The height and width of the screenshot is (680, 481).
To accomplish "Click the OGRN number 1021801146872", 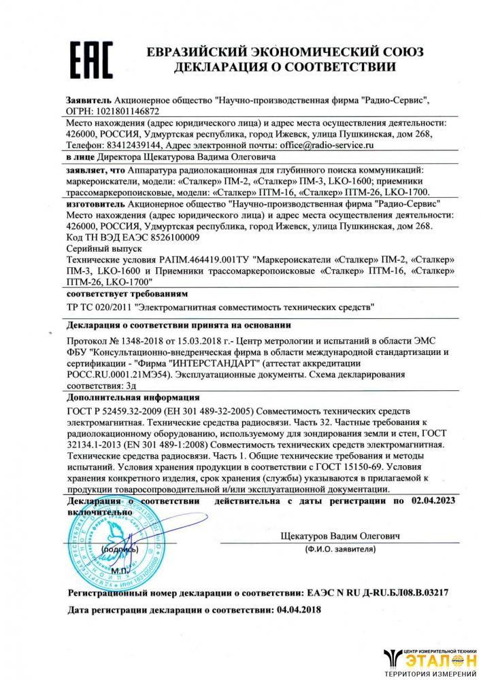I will [129, 111].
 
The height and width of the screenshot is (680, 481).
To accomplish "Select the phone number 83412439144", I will [135, 146].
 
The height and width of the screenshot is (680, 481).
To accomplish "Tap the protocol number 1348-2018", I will [142, 342].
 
